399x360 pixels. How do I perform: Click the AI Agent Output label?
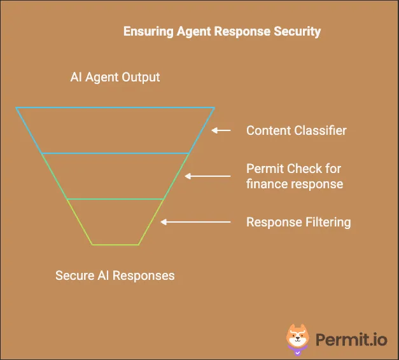pos(115,78)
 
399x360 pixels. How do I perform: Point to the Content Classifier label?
pos(297,130)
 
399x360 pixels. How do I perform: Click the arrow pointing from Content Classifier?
pos(221,130)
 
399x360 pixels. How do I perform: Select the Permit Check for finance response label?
pos(295,176)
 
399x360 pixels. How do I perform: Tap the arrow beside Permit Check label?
pos(207,176)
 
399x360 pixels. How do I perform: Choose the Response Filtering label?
pos(298,222)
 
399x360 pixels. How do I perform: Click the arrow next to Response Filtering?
pos(195,222)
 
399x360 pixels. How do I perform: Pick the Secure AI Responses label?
pos(115,275)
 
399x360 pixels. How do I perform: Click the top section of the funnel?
pos(115,130)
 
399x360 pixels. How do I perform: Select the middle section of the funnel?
pos(115,176)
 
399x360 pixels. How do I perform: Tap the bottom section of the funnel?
pos(115,222)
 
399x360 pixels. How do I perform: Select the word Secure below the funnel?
pos(74,275)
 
